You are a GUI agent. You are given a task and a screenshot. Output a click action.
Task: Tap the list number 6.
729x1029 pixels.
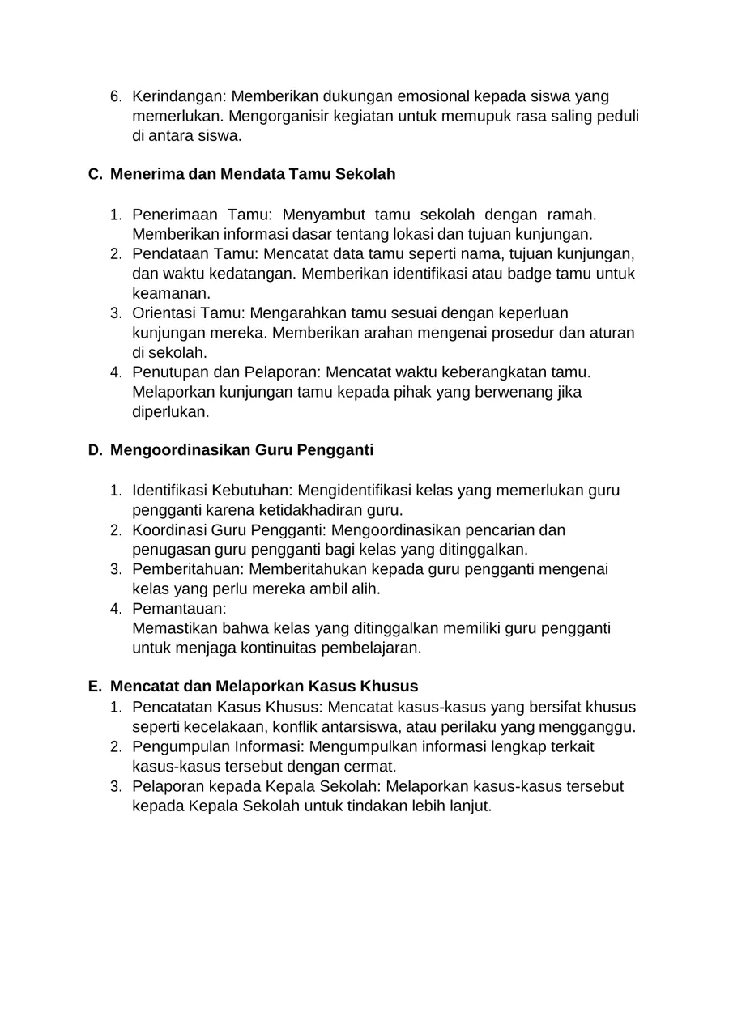pyautogui.click(x=115, y=96)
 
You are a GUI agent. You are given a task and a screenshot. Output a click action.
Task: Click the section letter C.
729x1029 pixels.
pyautogui.click(x=94, y=174)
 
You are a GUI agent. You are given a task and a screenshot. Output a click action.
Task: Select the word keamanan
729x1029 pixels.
pyautogui.click(x=170, y=293)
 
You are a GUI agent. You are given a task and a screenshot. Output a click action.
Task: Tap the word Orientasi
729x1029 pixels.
pyautogui.click(x=164, y=313)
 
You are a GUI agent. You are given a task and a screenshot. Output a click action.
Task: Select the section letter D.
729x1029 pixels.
pyautogui.click(x=94, y=450)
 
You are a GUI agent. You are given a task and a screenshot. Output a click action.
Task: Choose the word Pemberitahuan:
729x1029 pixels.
pyautogui.click(x=188, y=569)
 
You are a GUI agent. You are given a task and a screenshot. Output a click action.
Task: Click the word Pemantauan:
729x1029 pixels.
pyautogui.click(x=179, y=609)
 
